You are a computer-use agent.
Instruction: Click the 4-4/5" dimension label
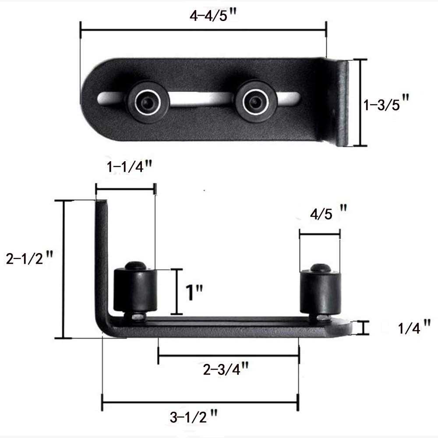point(213,15)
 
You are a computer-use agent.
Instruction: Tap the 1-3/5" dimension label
point(386,103)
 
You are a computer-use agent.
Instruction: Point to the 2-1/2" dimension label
point(29,258)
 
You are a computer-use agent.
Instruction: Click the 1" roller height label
point(194,292)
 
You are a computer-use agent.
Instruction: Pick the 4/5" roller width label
point(328,212)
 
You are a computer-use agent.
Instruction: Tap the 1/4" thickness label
point(414,327)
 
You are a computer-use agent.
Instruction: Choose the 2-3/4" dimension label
point(226,369)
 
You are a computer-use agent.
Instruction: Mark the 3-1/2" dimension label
point(193,417)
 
